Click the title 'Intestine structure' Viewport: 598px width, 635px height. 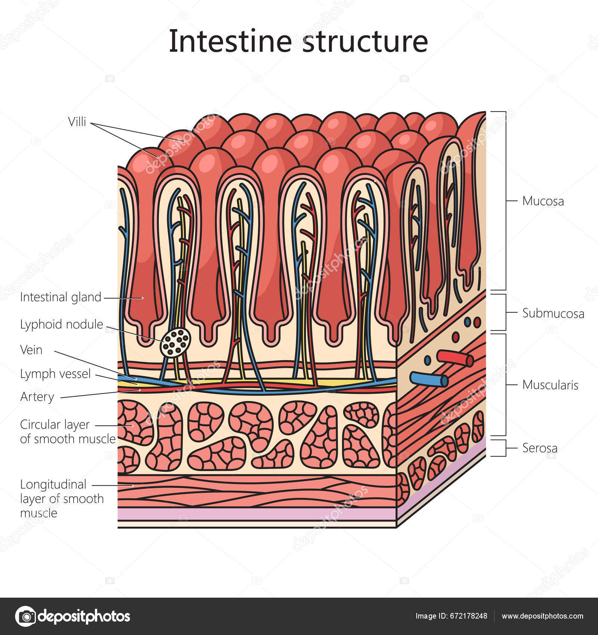click(298, 41)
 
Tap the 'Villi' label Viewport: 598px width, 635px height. click(77, 121)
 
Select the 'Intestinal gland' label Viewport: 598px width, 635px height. click(61, 297)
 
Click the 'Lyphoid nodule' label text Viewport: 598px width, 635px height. click(61, 324)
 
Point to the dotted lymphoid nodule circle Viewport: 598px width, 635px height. click(175, 343)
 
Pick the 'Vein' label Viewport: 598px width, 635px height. click(31, 350)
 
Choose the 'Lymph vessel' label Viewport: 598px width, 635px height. click(55, 374)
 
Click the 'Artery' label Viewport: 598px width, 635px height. click(37, 397)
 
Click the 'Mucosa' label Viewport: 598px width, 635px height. click(543, 201)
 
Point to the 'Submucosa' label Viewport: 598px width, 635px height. click(553, 313)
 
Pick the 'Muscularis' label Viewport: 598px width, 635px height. click(550, 385)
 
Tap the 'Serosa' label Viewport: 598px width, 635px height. click(540, 448)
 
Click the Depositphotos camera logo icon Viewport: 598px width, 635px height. click(25, 616)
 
